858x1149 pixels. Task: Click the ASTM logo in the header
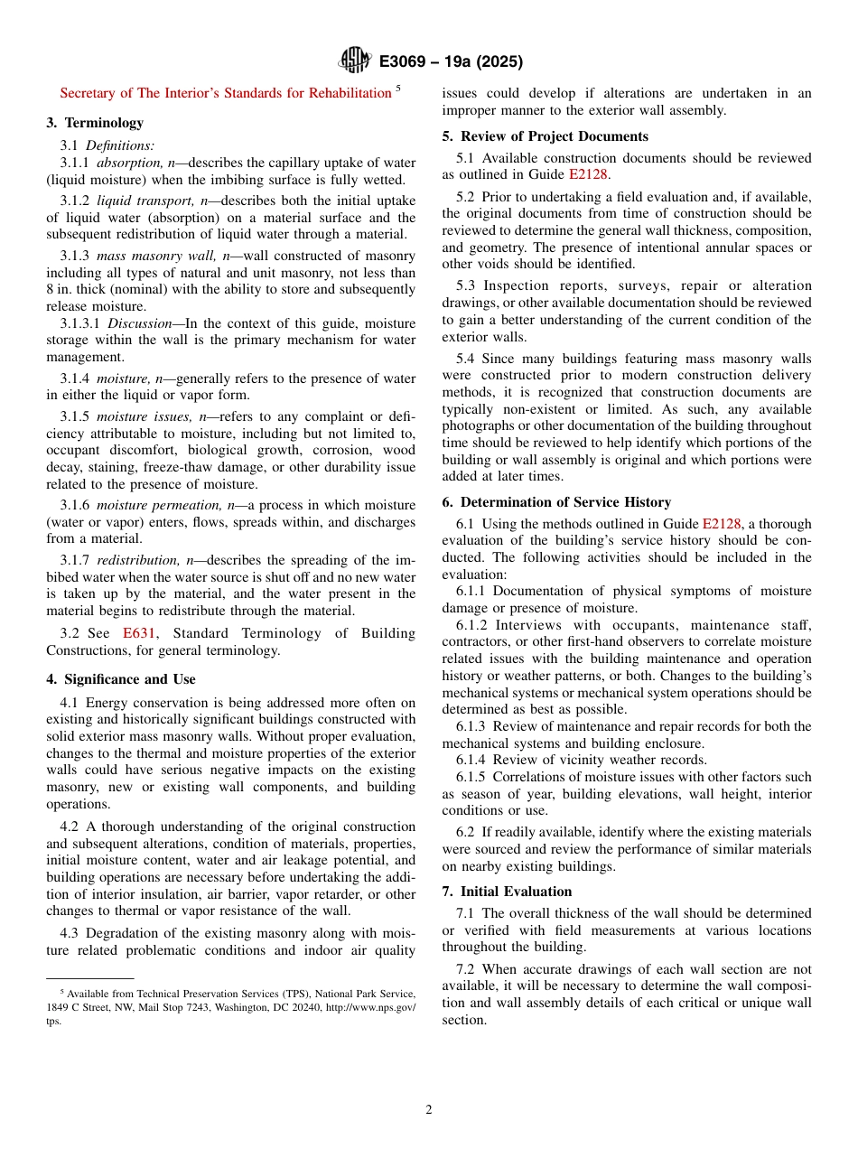(x=354, y=61)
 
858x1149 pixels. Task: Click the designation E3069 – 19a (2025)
(x=451, y=62)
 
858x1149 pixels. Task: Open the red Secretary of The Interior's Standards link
(x=225, y=93)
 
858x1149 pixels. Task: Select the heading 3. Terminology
(x=95, y=123)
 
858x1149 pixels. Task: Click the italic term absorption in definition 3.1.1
(x=130, y=163)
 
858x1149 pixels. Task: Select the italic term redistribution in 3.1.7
(x=140, y=560)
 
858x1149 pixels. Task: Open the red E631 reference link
(x=139, y=633)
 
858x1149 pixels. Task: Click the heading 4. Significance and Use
(x=121, y=679)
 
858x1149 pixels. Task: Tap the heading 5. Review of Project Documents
(x=545, y=136)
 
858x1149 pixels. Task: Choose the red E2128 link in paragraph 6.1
(x=721, y=524)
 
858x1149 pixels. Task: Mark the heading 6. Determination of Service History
(x=556, y=502)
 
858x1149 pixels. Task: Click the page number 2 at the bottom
(x=429, y=1110)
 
